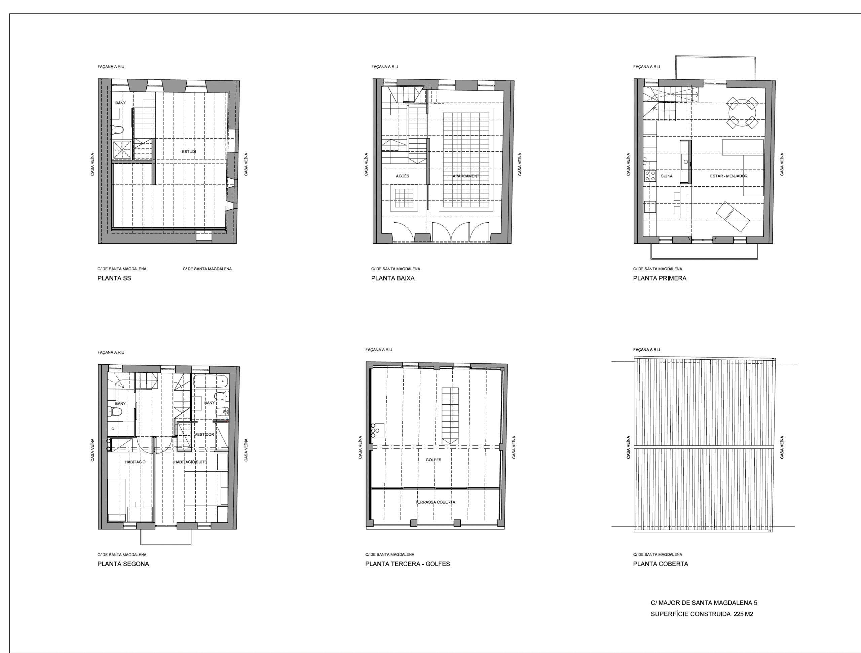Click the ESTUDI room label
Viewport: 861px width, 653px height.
[189, 151]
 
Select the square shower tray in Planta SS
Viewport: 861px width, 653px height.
[122, 150]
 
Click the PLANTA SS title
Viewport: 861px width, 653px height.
[114, 278]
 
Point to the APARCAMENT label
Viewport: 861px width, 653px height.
[466, 176]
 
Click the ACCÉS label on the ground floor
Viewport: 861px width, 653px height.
[403, 176]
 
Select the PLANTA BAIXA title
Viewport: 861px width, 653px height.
[393, 278]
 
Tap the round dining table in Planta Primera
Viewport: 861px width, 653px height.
[742, 112]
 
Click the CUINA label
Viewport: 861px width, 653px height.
[666, 176]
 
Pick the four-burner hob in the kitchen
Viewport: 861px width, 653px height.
[650, 176]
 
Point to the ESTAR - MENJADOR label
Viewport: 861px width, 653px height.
[729, 176]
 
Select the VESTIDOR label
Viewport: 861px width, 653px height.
[204, 434]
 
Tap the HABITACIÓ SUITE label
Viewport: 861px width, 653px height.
[190, 462]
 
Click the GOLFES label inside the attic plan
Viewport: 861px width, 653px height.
[433, 460]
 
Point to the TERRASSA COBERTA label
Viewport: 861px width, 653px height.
[435, 502]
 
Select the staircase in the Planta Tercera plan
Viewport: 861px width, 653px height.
[450, 415]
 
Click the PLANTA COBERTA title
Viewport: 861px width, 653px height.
[661, 564]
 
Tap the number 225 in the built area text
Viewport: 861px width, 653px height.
[738, 614]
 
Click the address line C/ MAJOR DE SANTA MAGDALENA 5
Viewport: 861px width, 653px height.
[704, 603]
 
